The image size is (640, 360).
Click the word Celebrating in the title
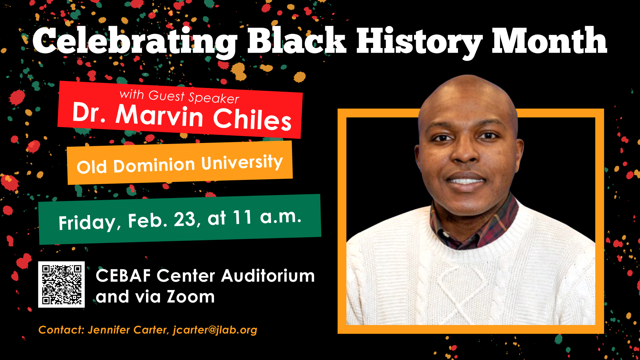coord(135,42)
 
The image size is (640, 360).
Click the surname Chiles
coord(252,119)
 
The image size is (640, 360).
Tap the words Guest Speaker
coord(194,97)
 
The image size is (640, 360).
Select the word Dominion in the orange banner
coord(154,165)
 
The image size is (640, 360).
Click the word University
coord(242,163)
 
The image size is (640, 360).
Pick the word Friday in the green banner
coord(87,222)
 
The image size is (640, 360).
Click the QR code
coord(61,284)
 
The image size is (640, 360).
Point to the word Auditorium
coord(268,276)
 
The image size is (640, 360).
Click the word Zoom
coord(191,297)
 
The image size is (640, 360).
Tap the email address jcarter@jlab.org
coord(215,330)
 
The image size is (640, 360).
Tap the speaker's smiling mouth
coord(466,181)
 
